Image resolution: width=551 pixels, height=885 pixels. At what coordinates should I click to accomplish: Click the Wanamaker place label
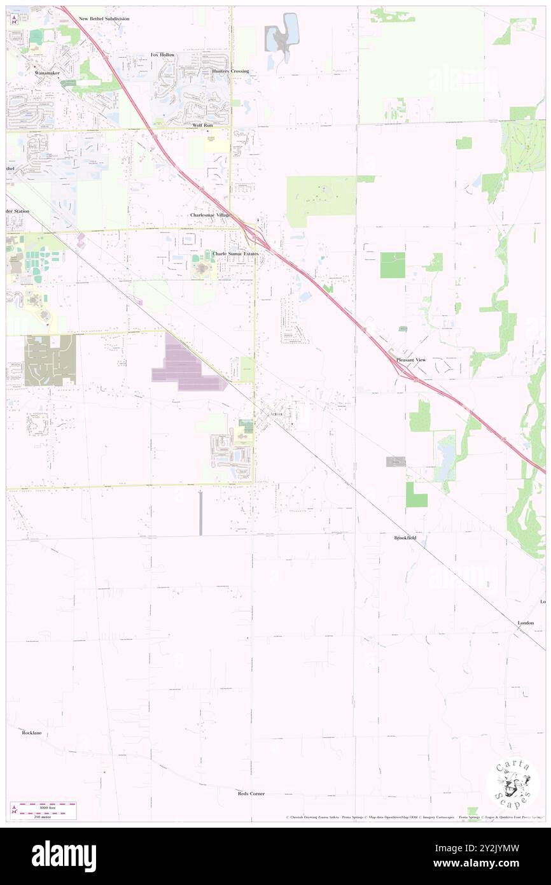(46, 73)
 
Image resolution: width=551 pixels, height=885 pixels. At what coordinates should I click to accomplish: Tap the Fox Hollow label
(162, 55)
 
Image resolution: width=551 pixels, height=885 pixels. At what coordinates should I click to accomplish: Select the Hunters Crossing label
(230, 71)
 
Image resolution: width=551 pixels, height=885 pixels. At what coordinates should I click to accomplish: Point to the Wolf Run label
(202, 125)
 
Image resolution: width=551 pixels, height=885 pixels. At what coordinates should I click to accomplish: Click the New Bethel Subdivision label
(104, 19)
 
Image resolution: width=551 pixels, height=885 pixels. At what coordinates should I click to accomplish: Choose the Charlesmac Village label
(210, 215)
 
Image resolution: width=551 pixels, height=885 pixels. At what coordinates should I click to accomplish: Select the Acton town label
(275, 414)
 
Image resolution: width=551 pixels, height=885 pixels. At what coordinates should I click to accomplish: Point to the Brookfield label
(405, 538)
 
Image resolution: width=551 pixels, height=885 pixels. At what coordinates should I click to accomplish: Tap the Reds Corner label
(251, 793)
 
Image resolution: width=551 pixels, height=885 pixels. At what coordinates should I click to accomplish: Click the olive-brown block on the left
(50, 360)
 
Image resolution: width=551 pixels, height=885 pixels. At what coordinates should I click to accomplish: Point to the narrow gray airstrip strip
(200, 513)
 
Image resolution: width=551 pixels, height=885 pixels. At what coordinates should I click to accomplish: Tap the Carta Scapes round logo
(513, 784)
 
